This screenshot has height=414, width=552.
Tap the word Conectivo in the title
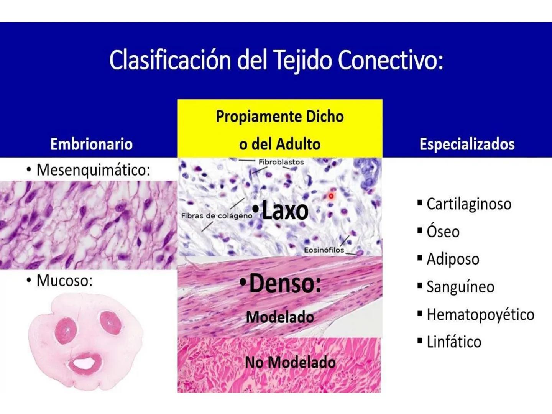(390, 60)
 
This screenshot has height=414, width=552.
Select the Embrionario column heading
(91, 144)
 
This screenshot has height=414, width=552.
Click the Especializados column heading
(467, 144)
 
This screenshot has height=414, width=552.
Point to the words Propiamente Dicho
(280, 117)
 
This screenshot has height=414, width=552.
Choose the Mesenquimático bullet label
(93, 170)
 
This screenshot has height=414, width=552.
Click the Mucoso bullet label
(64, 281)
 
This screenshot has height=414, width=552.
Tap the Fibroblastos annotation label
(281, 162)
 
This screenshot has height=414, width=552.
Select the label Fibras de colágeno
(217, 216)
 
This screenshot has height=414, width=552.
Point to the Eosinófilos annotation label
(324, 250)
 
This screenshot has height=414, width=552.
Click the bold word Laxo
(285, 210)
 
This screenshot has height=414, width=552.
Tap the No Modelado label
(290, 362)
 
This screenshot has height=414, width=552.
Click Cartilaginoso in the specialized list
(469, 204)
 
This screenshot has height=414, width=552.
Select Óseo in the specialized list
(443, 232)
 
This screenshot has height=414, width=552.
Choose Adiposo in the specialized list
(453, 259)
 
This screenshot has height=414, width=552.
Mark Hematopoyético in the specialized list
(480, 314)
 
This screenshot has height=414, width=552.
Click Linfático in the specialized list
(454, 342)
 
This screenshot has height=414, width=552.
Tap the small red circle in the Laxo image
(331, 196)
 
